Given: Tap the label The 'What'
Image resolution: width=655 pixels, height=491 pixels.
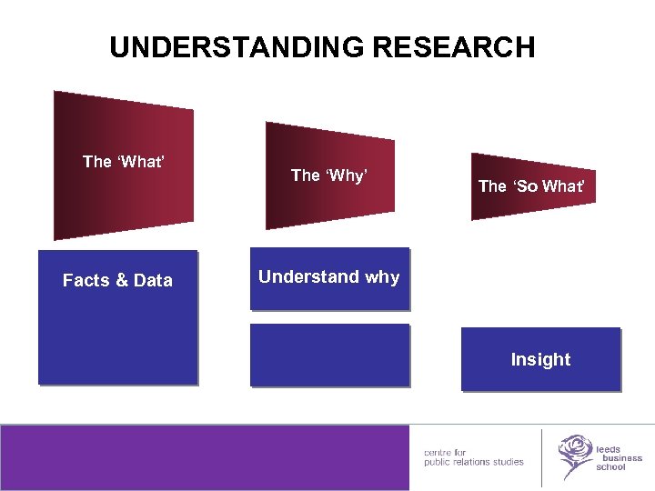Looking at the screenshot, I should point(123,162).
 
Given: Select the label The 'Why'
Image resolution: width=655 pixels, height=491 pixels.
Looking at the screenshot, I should point(328,175).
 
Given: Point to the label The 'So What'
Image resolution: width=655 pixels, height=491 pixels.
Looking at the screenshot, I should point(531,186).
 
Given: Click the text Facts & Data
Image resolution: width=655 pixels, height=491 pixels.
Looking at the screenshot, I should point(117,281).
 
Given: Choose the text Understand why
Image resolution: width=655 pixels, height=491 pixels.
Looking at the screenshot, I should point(328,277).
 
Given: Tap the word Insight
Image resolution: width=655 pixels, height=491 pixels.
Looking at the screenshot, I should point(540,360).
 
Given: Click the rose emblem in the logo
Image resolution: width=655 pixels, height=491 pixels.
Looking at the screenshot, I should point(573,455).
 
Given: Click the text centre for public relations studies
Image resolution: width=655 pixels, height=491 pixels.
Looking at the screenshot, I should point(473,456).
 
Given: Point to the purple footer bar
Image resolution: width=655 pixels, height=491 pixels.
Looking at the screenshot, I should point(205,457).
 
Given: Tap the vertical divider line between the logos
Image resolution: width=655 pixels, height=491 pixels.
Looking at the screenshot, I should point(541,457).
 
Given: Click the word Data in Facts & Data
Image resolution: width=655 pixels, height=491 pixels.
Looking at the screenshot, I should point(154,281).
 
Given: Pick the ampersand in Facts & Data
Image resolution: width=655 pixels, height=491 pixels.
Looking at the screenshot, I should point(122,281).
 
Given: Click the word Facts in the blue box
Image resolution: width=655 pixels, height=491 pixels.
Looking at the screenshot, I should point(86,281).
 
